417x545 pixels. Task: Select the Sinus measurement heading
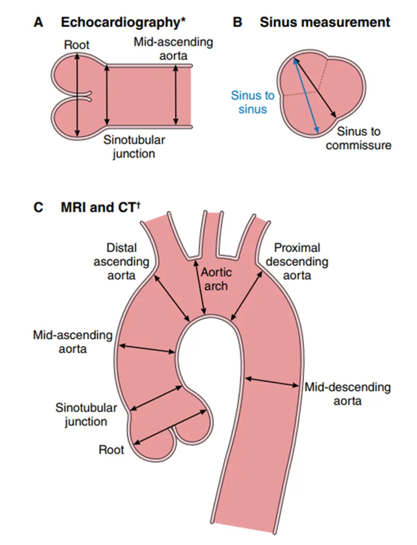(325, 22)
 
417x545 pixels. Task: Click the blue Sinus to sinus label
(252, 102)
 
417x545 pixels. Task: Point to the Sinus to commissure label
(358, 138)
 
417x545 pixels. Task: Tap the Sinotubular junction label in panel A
(134, 147)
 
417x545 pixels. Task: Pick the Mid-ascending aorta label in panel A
(173, 49)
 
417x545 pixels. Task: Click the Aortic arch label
(217, 279)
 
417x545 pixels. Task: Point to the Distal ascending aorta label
(121, 261)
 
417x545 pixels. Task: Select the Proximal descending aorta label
(297, 261)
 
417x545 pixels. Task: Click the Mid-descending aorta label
(347, 394)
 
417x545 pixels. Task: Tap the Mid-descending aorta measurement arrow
(272, 382)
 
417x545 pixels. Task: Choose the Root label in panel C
(111, 449)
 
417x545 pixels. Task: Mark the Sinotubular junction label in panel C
(81, 414)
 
